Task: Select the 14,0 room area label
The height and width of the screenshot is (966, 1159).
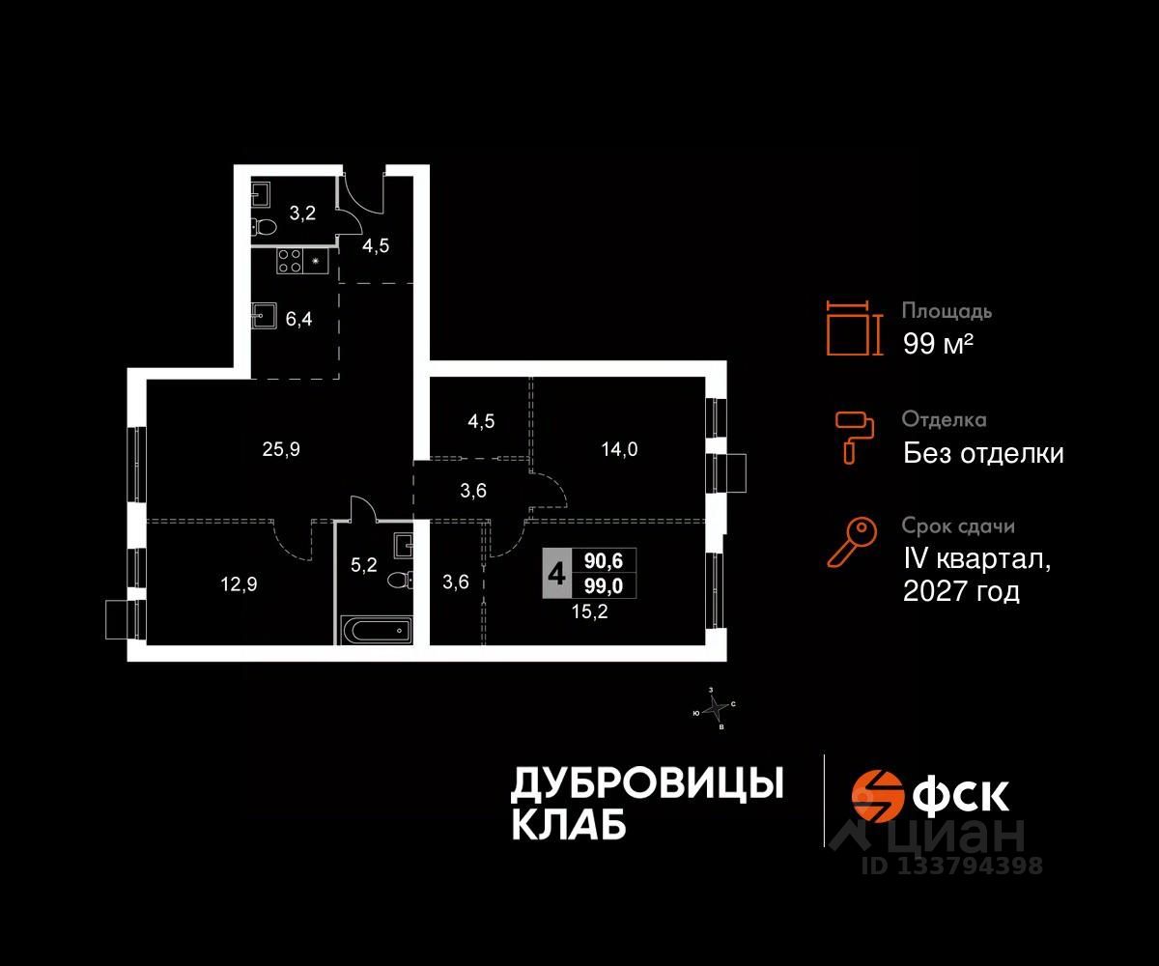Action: tap(619, 448)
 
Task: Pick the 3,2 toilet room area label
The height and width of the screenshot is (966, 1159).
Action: tap(302, 213)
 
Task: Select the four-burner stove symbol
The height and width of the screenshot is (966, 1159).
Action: tap(290, 261)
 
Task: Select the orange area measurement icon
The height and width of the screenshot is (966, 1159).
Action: tap(854, 327)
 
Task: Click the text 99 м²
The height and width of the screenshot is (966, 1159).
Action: tap(937, 344)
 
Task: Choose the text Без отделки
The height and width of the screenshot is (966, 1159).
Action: tap(983, 453)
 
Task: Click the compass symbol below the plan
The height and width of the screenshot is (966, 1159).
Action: tap(716, 709)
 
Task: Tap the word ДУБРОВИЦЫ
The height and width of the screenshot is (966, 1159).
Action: tap(646, 783)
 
